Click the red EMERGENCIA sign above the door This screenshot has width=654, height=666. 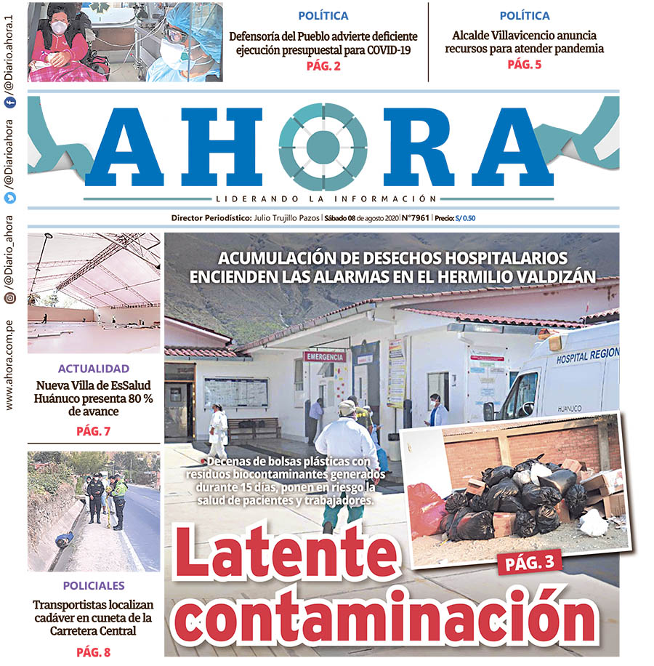point(325,356)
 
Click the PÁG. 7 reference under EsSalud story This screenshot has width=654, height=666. point(93,432)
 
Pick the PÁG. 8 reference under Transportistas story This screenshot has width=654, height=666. point(93,652)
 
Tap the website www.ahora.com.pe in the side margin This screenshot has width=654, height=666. point(9,368)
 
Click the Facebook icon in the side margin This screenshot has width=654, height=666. point(9,104)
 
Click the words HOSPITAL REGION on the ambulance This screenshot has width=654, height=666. point(586,356)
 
